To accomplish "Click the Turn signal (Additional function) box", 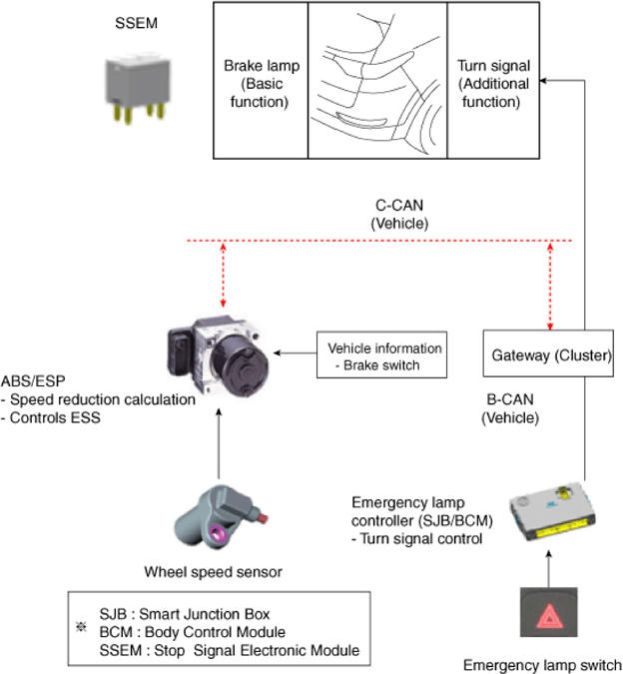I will click(493, 81).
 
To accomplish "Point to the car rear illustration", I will click(376, 81).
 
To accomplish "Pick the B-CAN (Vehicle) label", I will click(509, 409).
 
